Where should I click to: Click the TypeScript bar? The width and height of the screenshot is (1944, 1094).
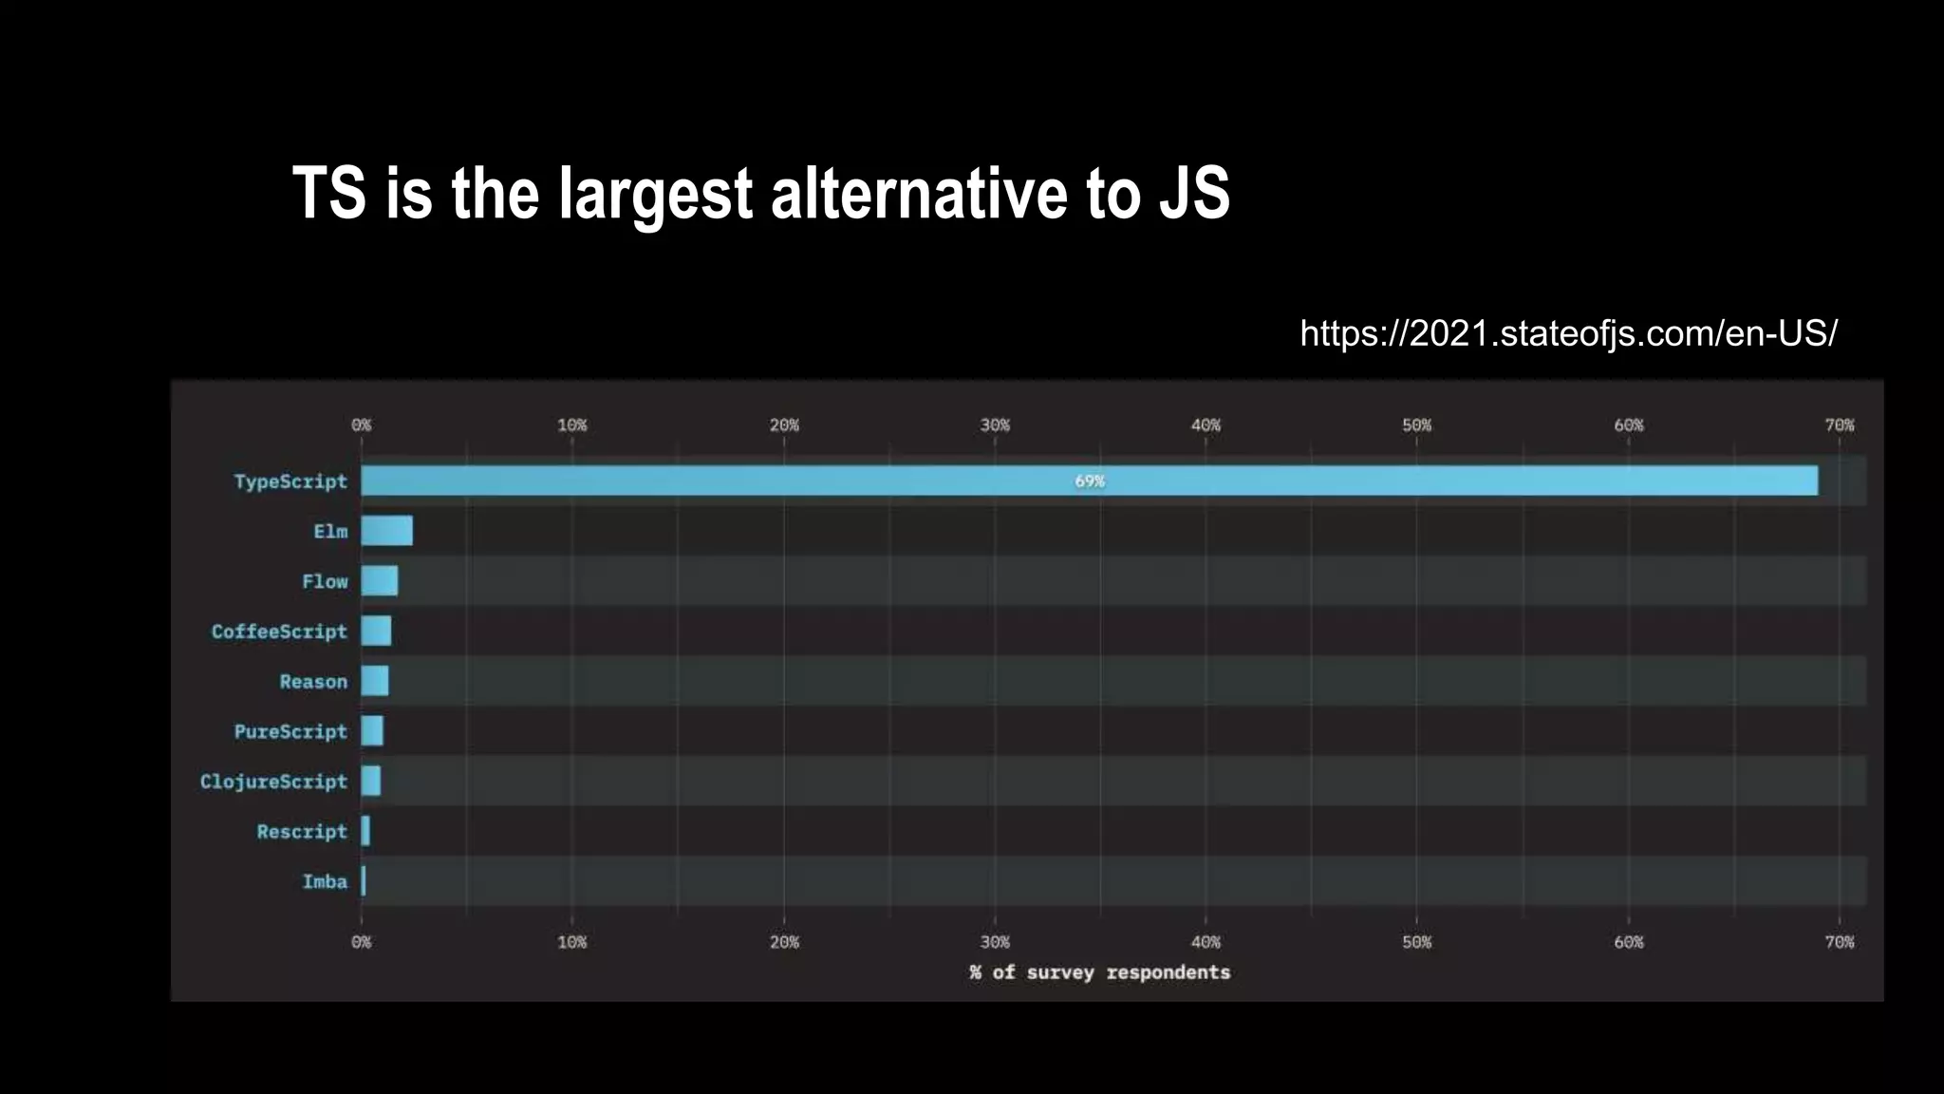click(854, 481)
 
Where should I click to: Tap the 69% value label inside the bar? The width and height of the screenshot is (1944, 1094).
click(1089, 481)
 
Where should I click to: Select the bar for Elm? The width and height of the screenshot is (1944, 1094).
click(386, 531)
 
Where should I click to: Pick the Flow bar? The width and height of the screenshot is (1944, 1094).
click(379, 581)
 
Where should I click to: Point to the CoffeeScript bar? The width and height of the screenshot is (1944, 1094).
click(376, 631)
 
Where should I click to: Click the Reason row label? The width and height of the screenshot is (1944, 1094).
click(313, 682)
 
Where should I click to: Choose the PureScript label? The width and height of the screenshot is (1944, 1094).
click(290, 731)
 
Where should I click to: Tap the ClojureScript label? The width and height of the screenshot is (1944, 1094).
click(273, 782)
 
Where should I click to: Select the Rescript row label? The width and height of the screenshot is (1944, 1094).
click(302, 832)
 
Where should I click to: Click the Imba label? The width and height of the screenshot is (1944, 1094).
click(325, 881)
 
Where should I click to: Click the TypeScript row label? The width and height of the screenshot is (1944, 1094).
click(290, 481)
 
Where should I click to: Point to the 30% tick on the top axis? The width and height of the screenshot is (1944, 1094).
click(995, 425)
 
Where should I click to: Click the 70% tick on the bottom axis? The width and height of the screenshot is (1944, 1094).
click(1839, 942)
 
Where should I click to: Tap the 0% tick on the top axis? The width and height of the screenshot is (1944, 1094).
click(361, 425)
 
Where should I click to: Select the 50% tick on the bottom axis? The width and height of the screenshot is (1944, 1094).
click(1416, 942)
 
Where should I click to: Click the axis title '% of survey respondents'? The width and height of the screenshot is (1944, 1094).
click(1099, 972)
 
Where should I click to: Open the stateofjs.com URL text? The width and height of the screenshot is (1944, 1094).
click(1567, 333)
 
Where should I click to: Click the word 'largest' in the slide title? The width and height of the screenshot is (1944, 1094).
click(655, 195)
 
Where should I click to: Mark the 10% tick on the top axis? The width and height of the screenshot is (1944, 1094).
click(571, 425)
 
